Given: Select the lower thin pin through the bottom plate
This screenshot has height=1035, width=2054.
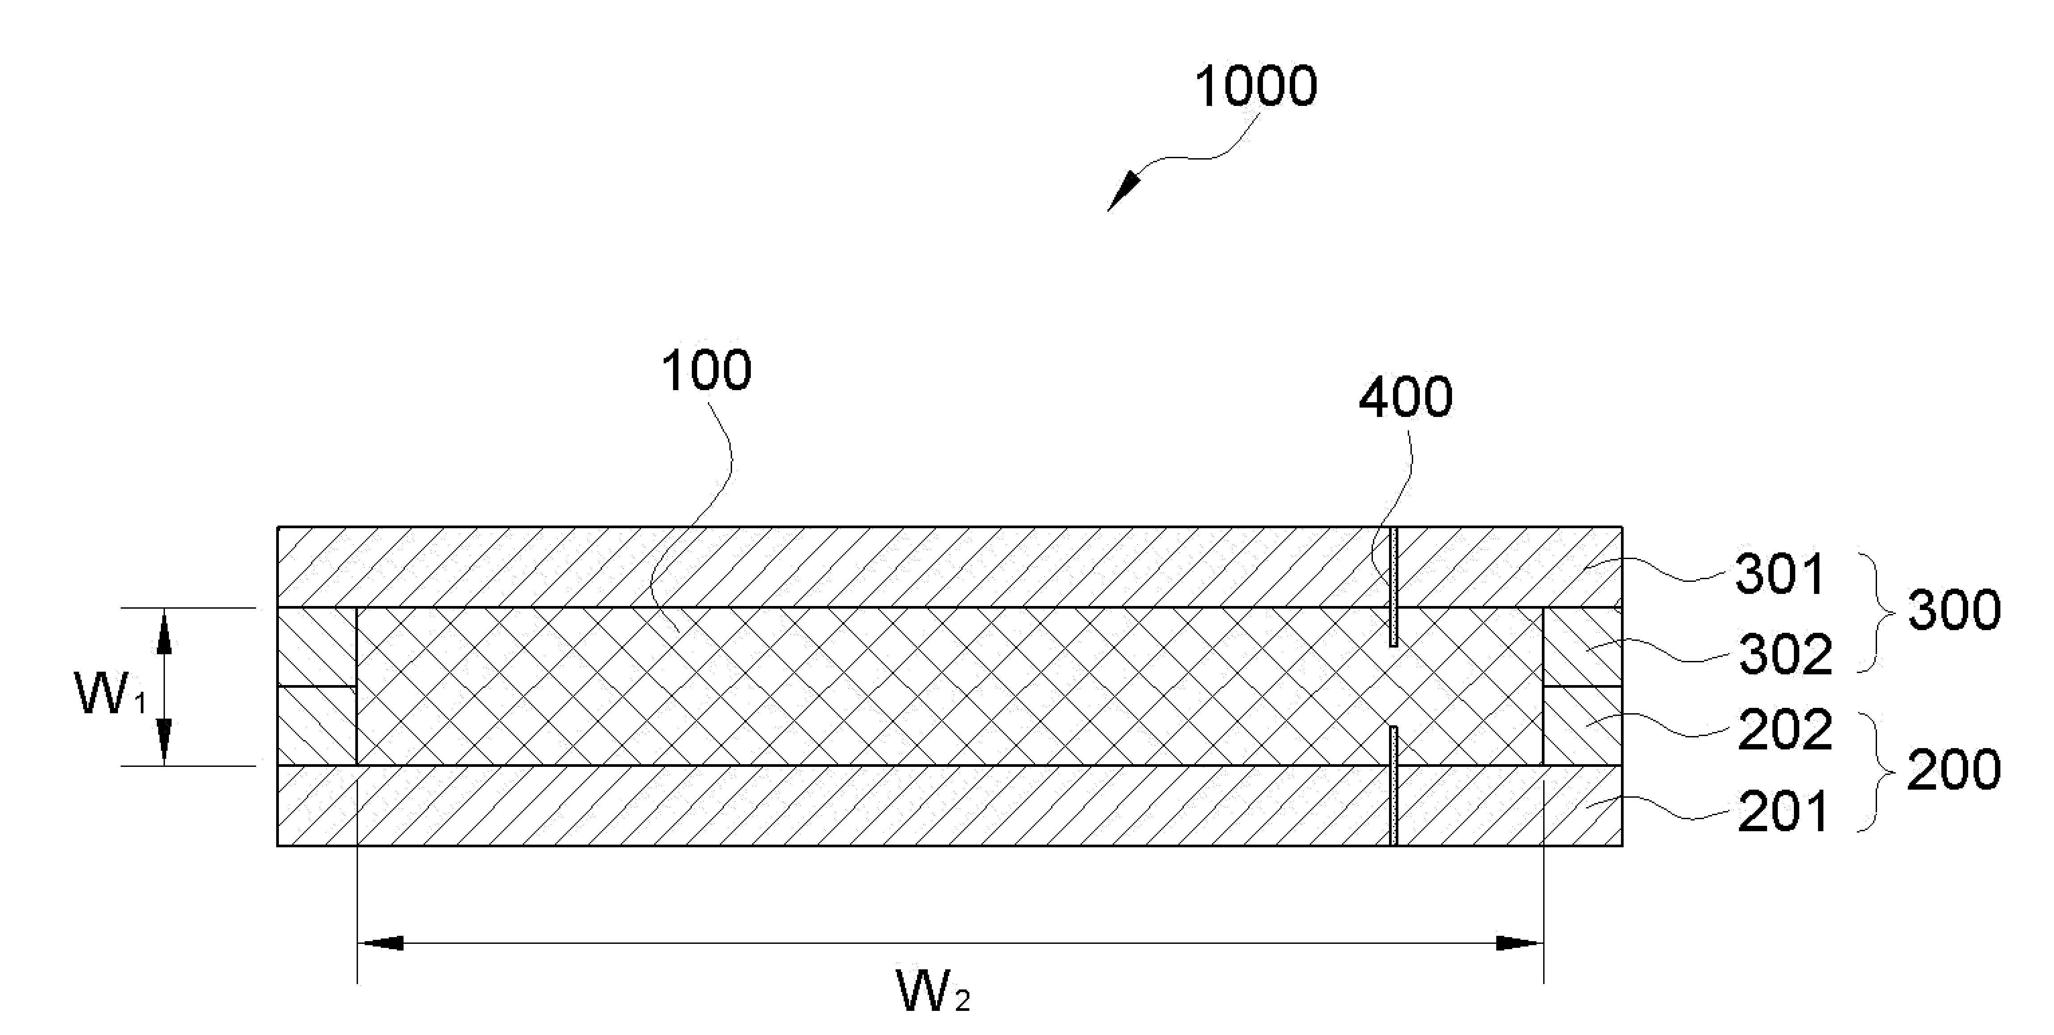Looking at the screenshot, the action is click(x=1393, y=786).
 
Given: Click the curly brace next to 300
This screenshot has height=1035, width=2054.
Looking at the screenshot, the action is click(x=1877, y=612).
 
